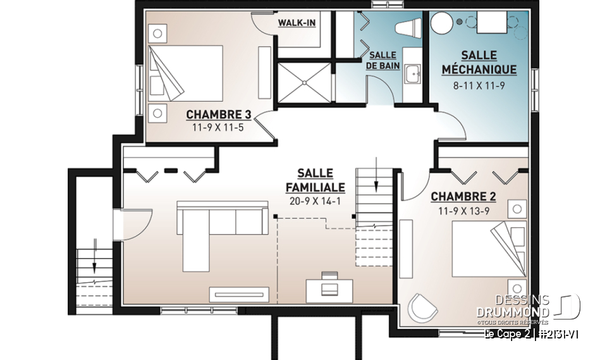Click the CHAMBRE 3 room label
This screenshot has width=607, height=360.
(x=218, y=115)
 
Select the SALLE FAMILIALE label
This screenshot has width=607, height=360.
(x=315, y=180)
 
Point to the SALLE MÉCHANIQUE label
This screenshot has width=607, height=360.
(x=479, y=63)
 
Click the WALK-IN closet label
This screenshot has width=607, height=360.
(x=297, y=23)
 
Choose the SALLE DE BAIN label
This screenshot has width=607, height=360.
(x=383, y=60)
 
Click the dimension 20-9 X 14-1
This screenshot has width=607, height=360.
(x=315, y=202)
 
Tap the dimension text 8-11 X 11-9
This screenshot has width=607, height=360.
(x=479, y=84)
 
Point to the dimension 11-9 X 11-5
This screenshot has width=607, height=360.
(x=218, y=128)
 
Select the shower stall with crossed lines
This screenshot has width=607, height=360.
(x=304, y=80)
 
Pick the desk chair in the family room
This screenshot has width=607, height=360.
(x=329, y=289)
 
